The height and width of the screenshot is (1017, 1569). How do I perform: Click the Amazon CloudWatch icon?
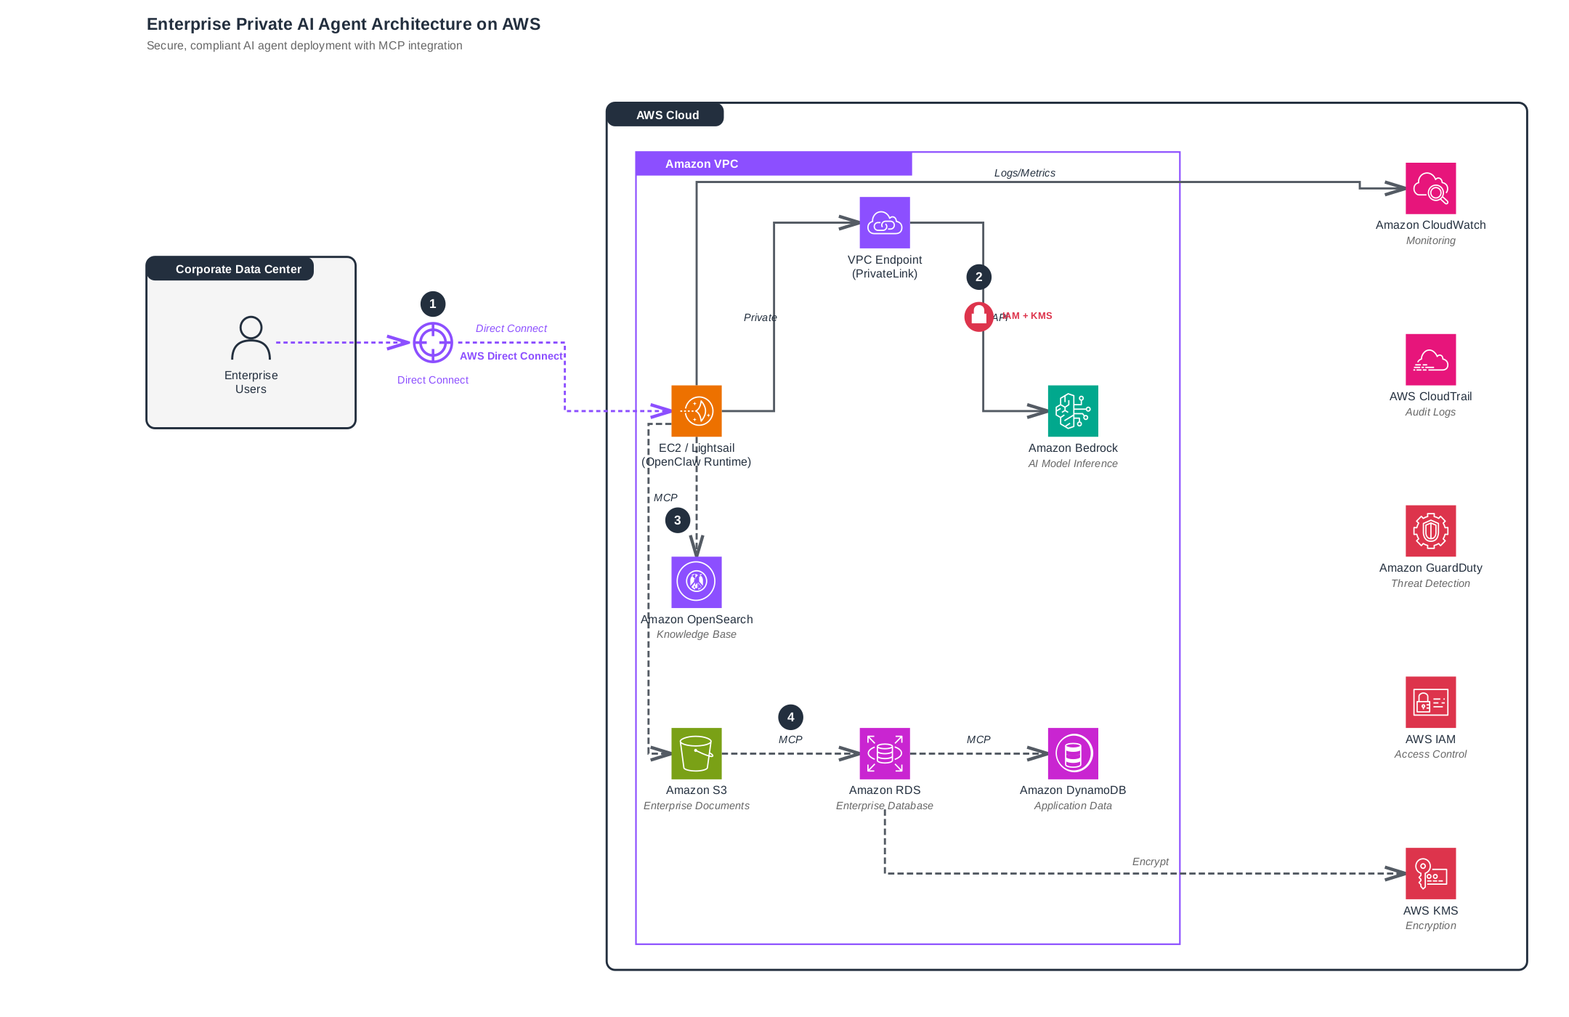tap(1430, 188)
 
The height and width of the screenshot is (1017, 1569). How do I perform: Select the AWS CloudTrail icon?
tap(1430, 360)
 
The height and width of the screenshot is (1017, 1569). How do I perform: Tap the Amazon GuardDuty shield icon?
tap(1430, 531)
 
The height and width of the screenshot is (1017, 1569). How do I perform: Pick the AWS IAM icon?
tap(1430, 702)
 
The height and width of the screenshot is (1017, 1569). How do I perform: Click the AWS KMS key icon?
tap(1430, 873)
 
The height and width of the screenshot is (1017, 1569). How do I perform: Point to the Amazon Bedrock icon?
tap(1073, 411)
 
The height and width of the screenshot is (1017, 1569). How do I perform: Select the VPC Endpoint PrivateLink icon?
tap(885, 223)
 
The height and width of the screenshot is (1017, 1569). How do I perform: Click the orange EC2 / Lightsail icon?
tap(697, 411)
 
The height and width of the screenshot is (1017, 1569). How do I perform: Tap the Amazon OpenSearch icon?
tap(697, 582)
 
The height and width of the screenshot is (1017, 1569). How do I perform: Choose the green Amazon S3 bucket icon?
tap(697, 753)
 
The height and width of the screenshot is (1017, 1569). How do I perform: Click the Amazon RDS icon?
tap(885, 753)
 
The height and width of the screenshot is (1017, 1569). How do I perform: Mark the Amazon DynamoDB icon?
tap(1073, 753)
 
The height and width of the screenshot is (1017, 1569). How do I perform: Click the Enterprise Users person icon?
tap(251, 339)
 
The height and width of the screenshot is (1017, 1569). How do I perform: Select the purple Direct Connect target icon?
tap(433, 342)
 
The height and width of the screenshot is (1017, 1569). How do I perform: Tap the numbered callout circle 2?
tap(978, 277)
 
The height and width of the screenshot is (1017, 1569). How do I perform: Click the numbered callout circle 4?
tap(790, 717)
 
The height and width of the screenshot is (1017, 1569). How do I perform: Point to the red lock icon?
tap(978, 317)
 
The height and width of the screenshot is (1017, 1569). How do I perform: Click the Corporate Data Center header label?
tap(238, 269)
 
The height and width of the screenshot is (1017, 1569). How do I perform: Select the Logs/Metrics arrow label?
tap(1024, 173)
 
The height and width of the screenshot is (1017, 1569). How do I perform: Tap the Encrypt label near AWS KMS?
tap(1150, 862)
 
